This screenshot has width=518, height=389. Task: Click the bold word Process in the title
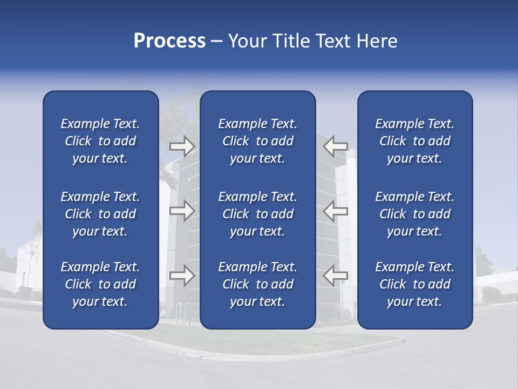point(169,41)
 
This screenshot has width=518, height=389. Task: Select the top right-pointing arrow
point(182,146)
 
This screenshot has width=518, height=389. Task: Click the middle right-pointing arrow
point(182,211)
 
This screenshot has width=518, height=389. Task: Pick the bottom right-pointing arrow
point(182,276)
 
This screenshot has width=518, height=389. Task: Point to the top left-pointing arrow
point(336,146)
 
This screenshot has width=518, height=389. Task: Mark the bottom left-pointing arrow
point(336,276)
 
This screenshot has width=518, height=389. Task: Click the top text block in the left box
point(100,141)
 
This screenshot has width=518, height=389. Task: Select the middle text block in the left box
point(100,214)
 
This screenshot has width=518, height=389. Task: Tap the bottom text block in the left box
point(100,284)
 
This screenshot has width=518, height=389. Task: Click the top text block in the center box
point(258,141)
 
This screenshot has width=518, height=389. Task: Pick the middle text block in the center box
point(258,214)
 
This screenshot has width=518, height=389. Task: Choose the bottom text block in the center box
point(258,284)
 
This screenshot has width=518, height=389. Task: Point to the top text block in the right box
point(415,141)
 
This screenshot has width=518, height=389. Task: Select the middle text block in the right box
point(415,214)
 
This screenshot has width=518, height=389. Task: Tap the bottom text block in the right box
point(415,284)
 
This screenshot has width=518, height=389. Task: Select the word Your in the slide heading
point(247,41)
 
